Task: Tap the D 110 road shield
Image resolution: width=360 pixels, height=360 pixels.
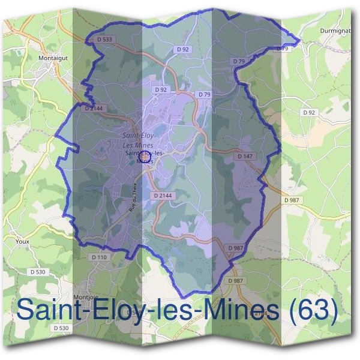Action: coord(100,257)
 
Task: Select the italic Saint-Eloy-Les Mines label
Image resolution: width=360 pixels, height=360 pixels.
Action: coord(137,140)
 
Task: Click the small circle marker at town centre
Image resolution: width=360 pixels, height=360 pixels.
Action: coord(143,157)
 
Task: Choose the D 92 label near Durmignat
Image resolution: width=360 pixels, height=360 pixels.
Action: coord(309,112)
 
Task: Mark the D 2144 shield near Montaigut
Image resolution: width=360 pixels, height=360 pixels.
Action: coord(94,109)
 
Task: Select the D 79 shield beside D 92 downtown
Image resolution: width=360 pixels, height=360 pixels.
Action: coord(204,95)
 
